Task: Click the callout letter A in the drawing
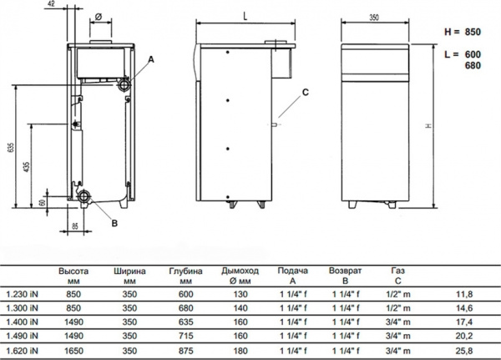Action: (x=151, y=58)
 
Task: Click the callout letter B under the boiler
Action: (x=114, y=223)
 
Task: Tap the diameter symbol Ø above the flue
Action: (x=99, y=16)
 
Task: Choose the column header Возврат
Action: (x=345, y=271)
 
